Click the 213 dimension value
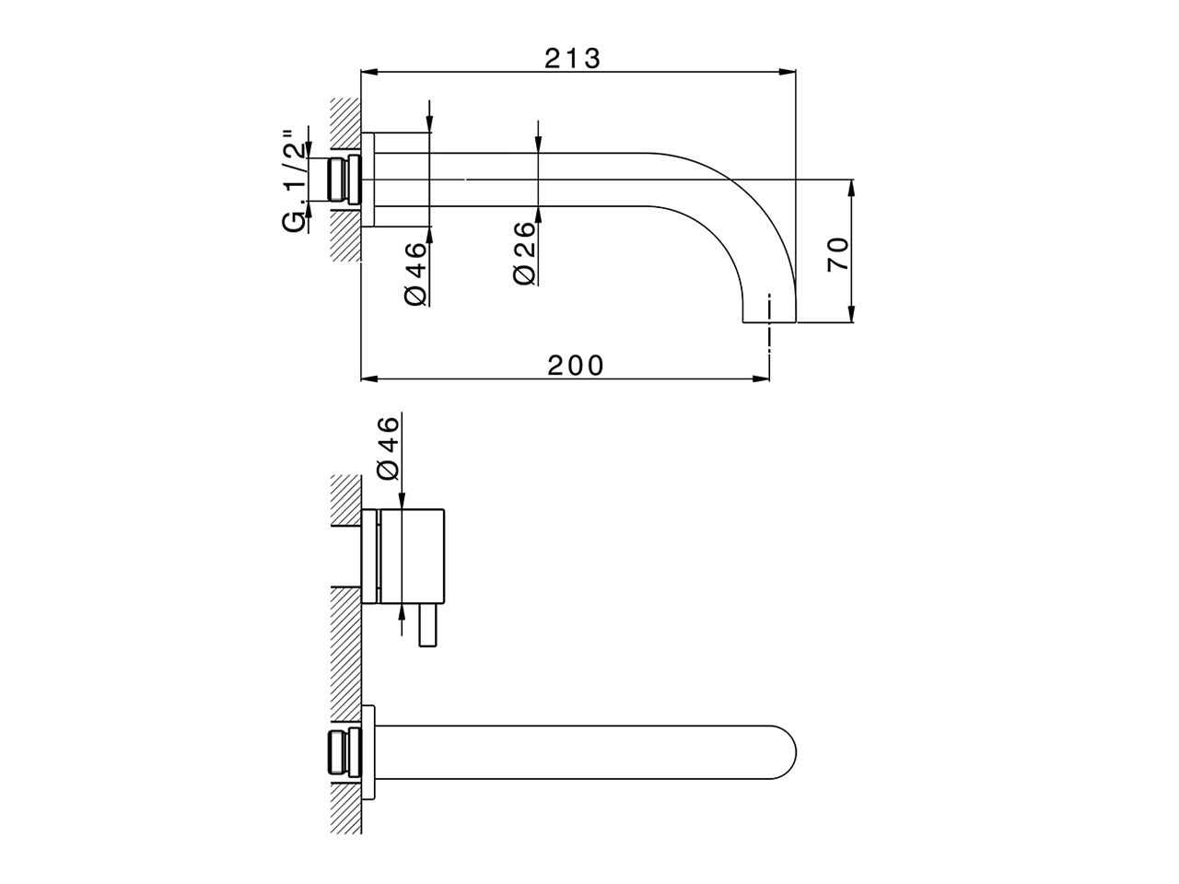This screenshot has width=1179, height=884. (x=573, y=59)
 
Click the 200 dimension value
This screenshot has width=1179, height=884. (x=576, y=366)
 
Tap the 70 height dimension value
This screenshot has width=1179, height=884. (x=838, y=254)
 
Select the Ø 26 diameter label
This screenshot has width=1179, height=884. (x=525, y=253)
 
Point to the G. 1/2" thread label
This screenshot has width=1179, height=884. (x=295, y=180)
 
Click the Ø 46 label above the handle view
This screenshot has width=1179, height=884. (x=389, y=448)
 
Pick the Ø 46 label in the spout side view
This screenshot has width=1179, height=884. (x=415, y=273)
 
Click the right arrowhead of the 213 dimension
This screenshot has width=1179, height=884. (x=788, y=72)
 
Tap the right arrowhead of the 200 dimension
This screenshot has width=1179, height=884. (x=761, y=379)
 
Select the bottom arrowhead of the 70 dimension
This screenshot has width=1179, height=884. (x=851, y=314)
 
